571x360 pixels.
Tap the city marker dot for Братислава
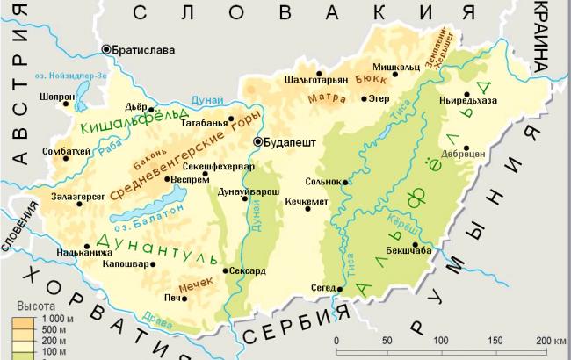click(107, 50)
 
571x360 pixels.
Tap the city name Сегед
click(324, 288)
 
